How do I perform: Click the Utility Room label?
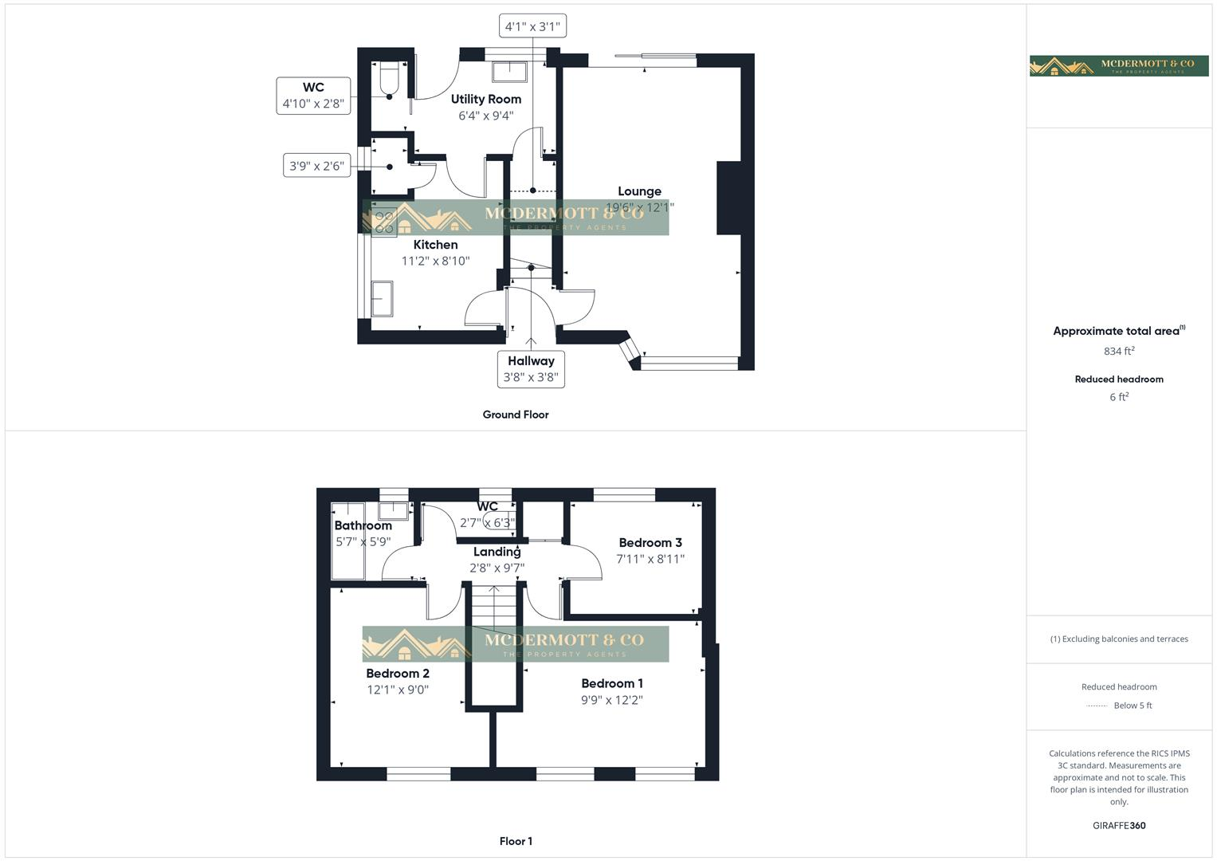(x=485, y=99)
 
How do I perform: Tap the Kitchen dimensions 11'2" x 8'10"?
(x=435, y=261)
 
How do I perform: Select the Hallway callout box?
(x=531, y=369)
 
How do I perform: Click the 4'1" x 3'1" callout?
(x=532, y=26)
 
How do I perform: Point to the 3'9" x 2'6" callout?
(x=316, y=166)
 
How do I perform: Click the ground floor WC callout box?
(x=313, y=96)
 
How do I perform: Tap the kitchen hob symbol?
(x=385, y=222)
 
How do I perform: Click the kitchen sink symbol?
(x=382, y=298)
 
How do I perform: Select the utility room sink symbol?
(x=508, y=72)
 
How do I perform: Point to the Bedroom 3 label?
(x=650, y=543)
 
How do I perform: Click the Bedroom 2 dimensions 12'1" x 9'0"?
(x=398, y=690)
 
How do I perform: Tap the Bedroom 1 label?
(x=612, y=683)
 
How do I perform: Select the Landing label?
(x=497, y=552)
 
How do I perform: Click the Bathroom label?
(x=363, y=525)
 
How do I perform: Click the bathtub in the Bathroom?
(x=347, y=541)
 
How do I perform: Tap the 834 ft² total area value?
(x=1119, y=351)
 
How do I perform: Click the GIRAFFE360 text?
(x=1119, y=825)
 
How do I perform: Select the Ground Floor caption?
(x=516, y=415)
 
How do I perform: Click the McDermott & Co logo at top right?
(x=1119, y=66)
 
